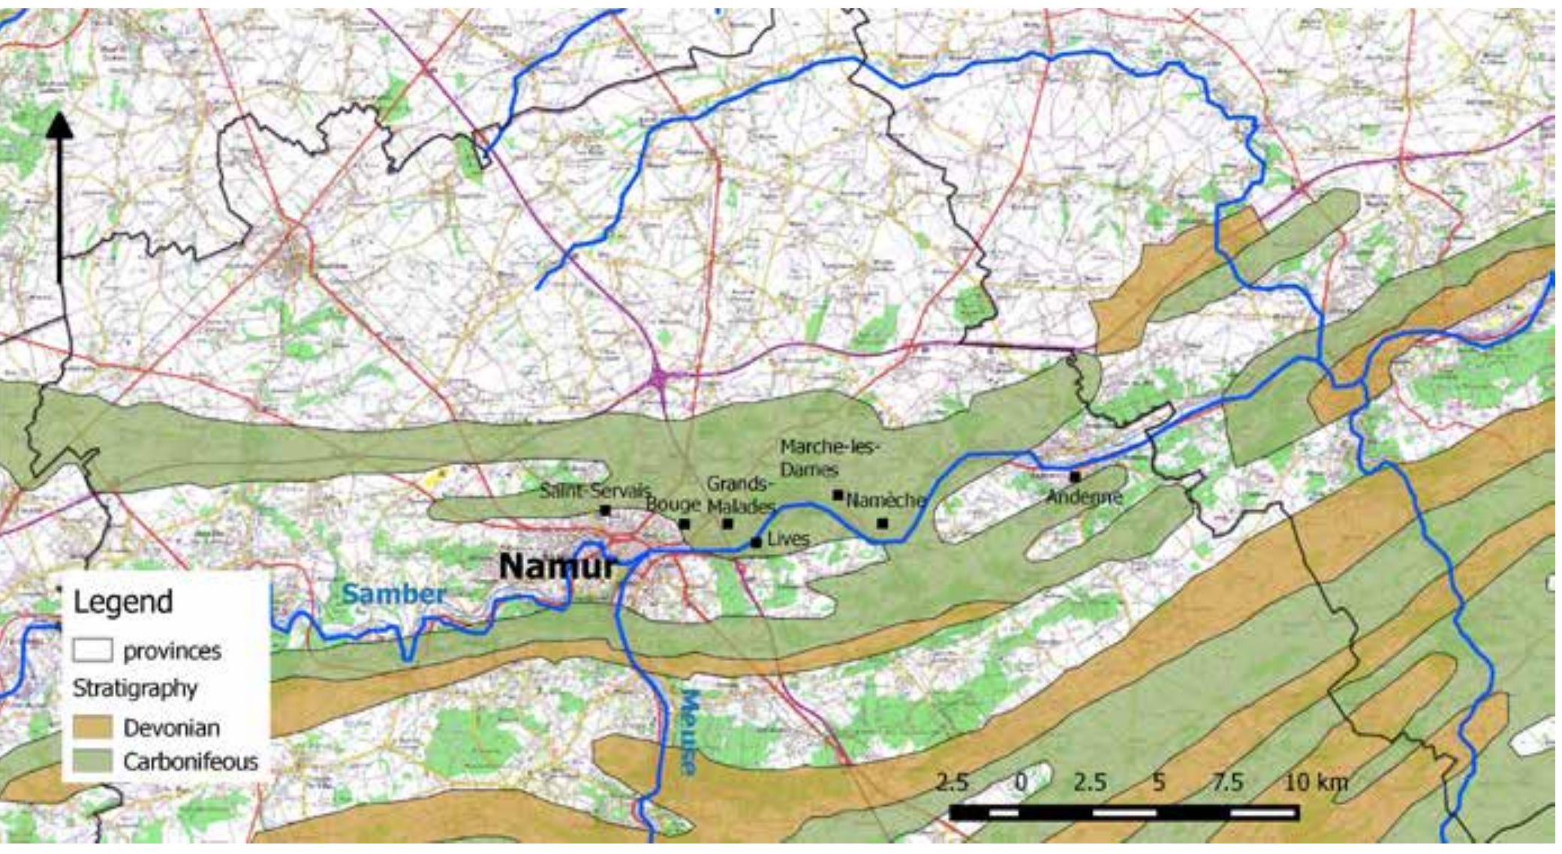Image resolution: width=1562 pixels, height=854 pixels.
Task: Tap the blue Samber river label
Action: (x=394, y=594)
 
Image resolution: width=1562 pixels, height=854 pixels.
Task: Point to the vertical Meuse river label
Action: (x=688, y=732)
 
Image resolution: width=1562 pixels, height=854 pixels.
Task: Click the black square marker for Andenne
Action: (x=1075, y=477)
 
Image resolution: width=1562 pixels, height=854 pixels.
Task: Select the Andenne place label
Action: (x=1084, y=496)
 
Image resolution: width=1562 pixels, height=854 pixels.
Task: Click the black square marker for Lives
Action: (x=756, y=542)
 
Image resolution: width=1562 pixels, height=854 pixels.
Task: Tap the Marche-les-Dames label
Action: (x=828, y=458)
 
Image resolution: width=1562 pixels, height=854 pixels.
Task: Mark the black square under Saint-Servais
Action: (x=605, y=511)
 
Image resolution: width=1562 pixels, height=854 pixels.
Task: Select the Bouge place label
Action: (x=673, y=504)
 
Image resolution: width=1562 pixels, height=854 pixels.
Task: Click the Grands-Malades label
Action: (x=739, y=494)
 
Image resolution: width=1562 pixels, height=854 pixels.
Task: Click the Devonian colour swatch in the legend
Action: (x=92, y=727)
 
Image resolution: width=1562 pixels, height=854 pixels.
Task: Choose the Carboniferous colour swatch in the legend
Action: (x=92, y=761)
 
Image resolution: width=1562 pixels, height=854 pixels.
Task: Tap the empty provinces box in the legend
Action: (x=92, y=650)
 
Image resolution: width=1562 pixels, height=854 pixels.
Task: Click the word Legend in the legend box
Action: (x=123, y=602)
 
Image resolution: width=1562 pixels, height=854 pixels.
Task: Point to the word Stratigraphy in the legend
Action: (x=135, y=688)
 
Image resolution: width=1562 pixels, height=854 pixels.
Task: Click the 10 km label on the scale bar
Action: (x=1315, y=782)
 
